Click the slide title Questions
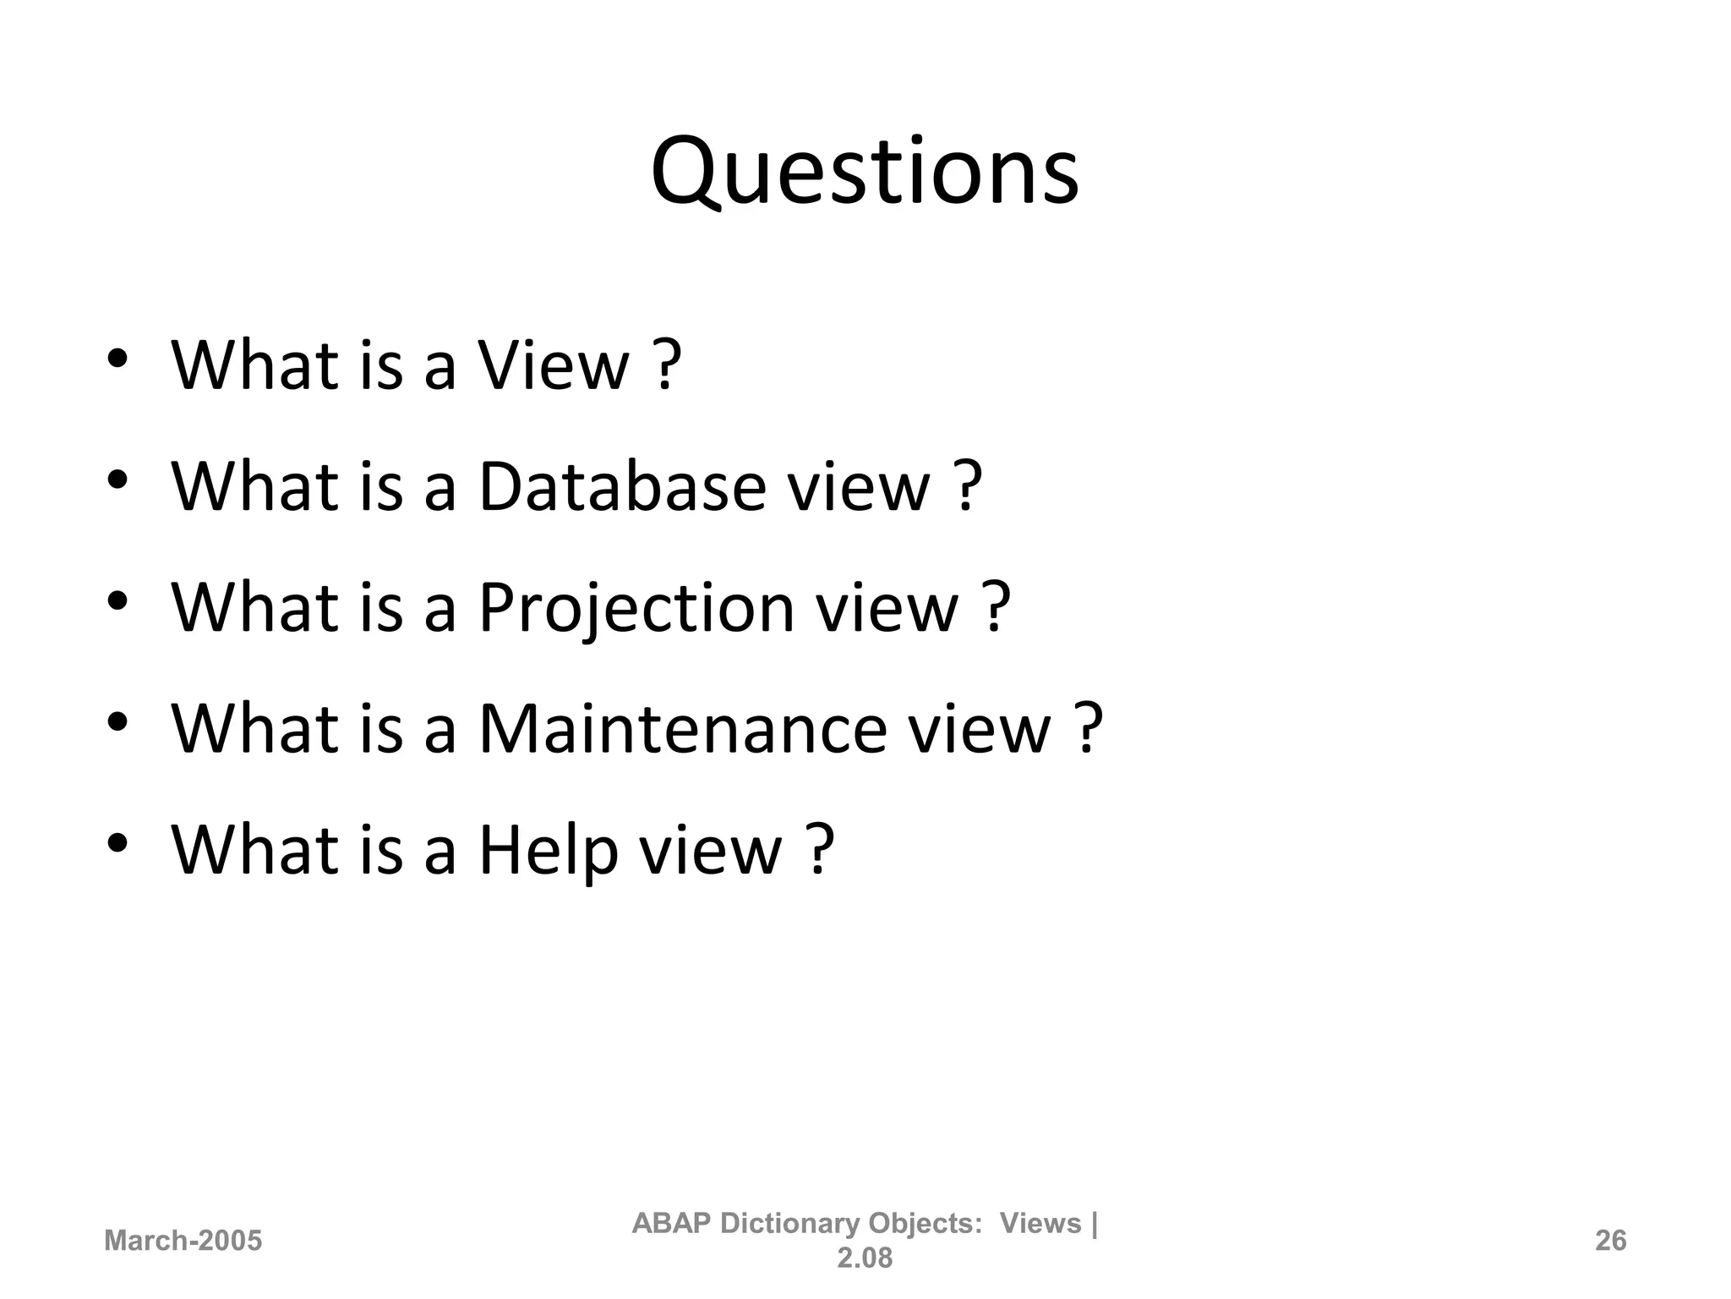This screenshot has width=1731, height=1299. pyautogui.click(x=865, y=173)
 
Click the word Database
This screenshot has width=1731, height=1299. pyautogui.click(x=621, y=487)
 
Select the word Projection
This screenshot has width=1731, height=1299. pyautogui.click(x=636, y=608)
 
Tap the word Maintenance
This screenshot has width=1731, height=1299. pyautogui.click(x=682, y=728)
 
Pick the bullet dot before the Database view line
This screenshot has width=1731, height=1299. pyautogui.click(x=117, y=480)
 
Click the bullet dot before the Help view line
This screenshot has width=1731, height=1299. pyautogui.click(x=117, y=842)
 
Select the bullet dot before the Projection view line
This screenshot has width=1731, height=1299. pyautogui.click(x=117, y=600)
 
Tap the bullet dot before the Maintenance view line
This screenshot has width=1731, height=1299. pyautogui.click(x=117, y=721)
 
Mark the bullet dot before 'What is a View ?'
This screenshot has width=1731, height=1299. pyautogui.click(x=117, y=359)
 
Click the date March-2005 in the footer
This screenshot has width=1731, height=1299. pyautogui.click(x=183, y=1241)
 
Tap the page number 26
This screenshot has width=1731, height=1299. pyautogui.click(x=1610, y=1241)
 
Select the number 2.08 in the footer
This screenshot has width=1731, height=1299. pyautogui.click(x=865, y=1258)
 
